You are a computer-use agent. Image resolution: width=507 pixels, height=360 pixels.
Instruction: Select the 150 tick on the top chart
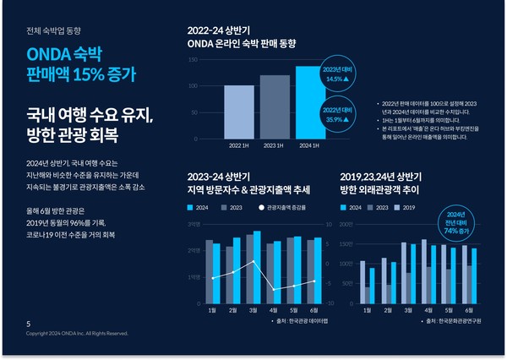193,60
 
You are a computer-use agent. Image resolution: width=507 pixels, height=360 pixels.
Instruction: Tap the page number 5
29,324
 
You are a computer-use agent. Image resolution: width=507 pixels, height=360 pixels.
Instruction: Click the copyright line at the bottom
77,334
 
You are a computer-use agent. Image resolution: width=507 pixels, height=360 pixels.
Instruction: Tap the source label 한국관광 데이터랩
301,321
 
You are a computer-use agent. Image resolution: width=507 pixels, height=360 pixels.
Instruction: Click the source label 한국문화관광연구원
453,321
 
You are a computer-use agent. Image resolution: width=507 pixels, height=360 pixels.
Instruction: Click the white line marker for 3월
253,262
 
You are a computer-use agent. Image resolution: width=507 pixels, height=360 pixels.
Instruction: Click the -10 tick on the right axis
328,303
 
